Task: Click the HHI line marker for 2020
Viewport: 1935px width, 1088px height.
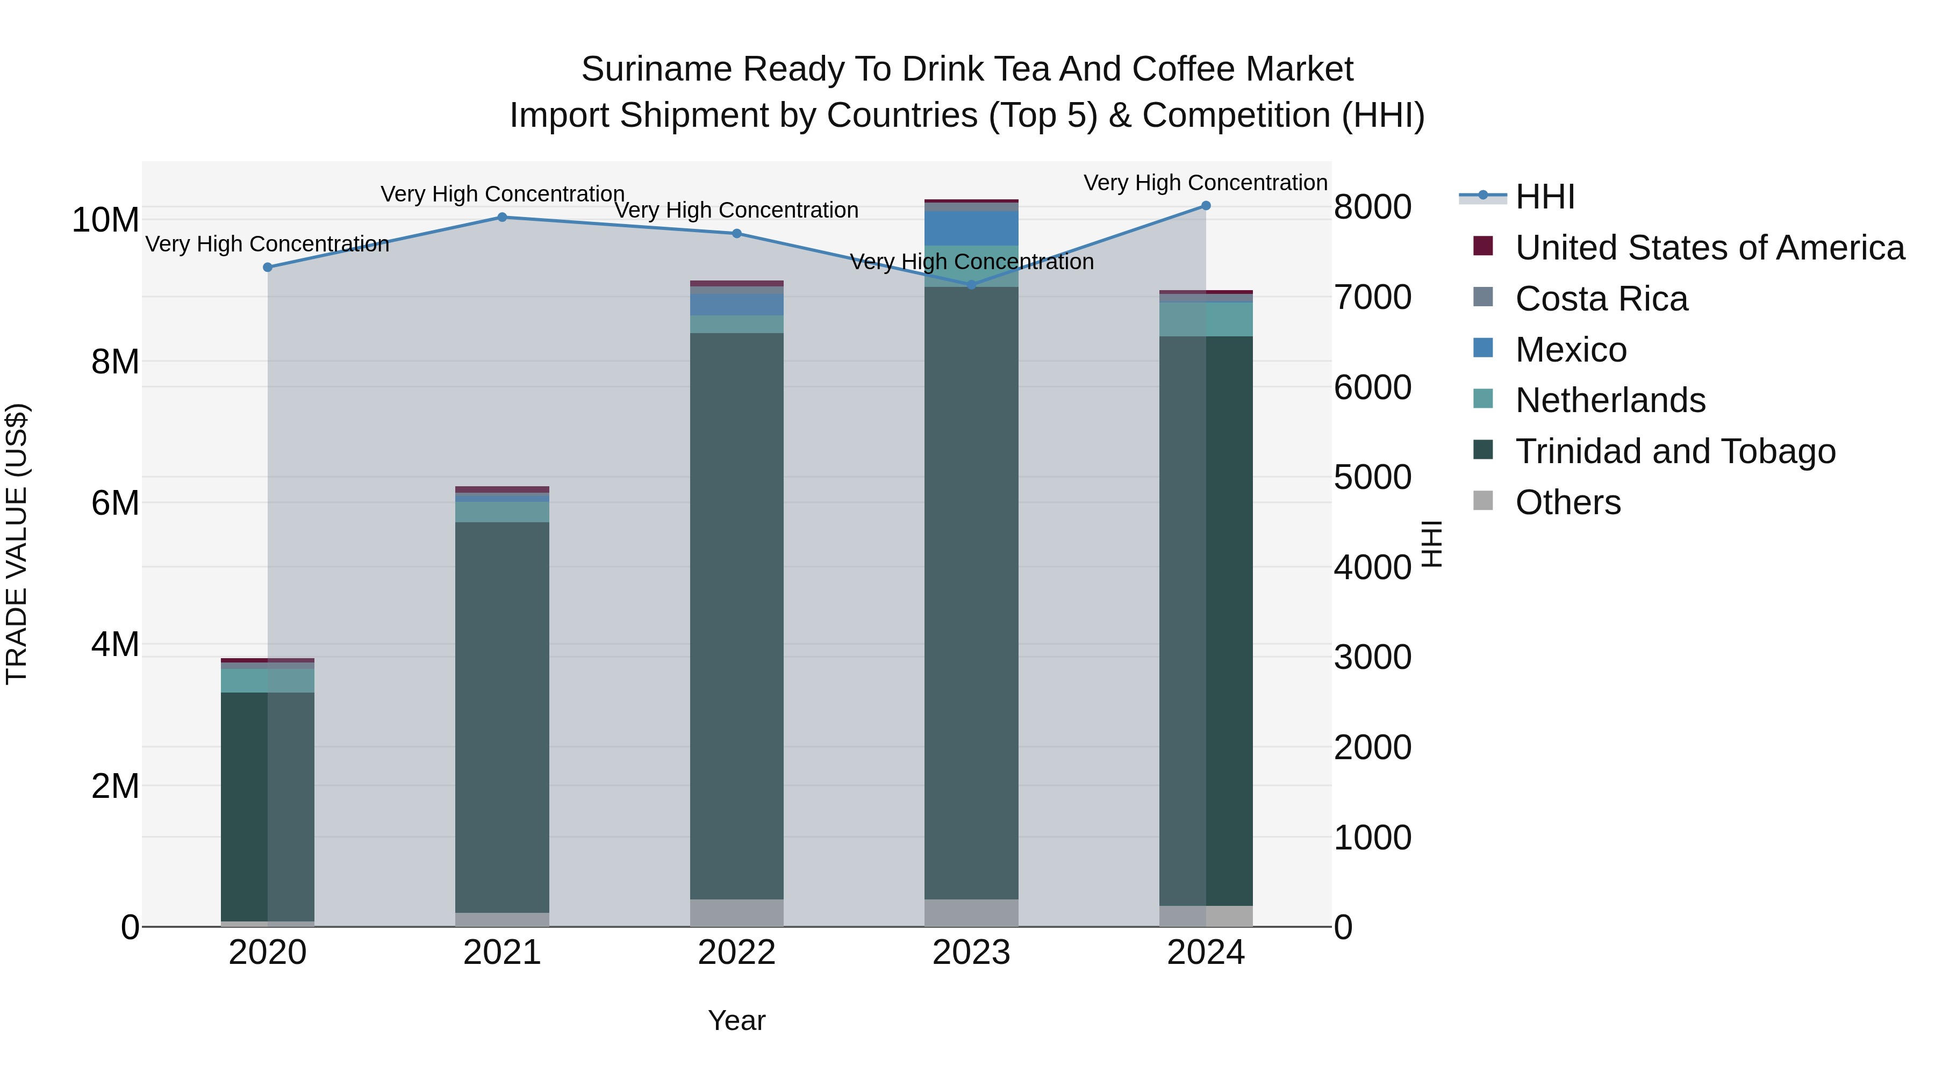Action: (x=268, y=268)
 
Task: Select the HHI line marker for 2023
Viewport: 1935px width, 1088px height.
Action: (x=971, y=285)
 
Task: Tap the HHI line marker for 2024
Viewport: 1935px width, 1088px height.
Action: (x=1206, y=206)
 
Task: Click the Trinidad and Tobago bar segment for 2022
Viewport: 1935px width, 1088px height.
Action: (x=736, y=616)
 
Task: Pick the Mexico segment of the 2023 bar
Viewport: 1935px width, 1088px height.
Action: (x=971, y=228)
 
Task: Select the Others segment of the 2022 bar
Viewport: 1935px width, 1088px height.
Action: (x=736, y=913)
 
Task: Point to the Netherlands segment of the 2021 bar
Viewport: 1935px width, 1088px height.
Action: (x=502, y=512)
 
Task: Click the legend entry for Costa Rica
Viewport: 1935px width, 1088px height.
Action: (x=1602, y=299)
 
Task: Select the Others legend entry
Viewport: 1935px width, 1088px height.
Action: (x=1568, y=502)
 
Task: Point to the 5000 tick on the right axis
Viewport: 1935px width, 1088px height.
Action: (x=1372, y=478)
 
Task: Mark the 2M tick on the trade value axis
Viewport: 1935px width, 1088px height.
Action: (x=115, y=786)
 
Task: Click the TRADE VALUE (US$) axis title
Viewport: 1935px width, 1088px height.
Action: (x=17, y=544)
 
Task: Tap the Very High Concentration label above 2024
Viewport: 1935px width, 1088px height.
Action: (x=1205, y=183)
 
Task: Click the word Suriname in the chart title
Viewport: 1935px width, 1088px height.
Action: (x=656, y=70)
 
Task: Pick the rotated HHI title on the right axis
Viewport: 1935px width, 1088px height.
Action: (x=1432, y=544)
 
